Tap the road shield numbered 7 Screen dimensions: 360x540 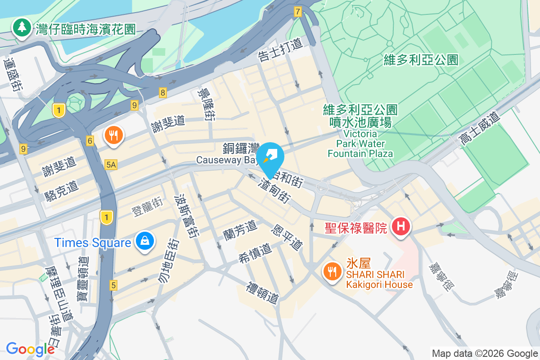297,12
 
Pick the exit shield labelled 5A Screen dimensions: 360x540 111,165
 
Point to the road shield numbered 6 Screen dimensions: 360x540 90,141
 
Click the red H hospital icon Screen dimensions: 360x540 400,225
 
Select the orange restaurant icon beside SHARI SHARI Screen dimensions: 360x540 332,271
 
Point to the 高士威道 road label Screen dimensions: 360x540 480,129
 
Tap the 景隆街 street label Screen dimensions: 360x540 206,104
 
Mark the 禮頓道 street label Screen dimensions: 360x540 263,292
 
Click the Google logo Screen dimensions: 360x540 30,349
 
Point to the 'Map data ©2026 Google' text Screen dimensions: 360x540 485,354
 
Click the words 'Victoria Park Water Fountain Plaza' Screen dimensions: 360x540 360,144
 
